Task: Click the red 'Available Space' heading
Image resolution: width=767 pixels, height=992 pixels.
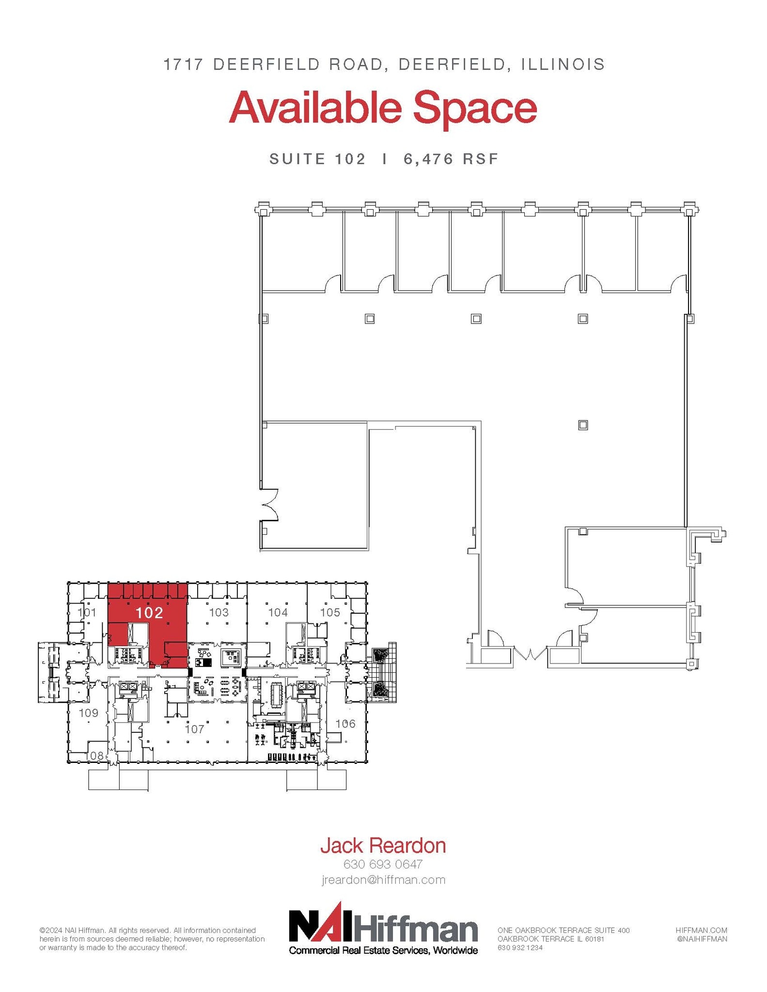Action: pos(383,109)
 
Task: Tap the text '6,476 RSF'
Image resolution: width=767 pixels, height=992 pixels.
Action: pos(451,159)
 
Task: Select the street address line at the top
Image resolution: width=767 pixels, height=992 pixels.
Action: pos(384,64)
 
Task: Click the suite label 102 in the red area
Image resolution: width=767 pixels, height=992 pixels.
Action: pos(149,613)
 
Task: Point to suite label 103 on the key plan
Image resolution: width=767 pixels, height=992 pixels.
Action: pos(219,612)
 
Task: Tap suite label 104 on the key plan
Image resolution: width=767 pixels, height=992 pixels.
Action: pos(278,612)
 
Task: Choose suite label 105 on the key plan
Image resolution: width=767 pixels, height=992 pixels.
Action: pos(330,612)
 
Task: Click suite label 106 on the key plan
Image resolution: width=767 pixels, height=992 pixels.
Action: pos(345,724)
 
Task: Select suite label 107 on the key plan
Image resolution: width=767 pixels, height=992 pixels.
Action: pos(195,729)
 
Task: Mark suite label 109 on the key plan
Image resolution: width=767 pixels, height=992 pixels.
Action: pos(88,713)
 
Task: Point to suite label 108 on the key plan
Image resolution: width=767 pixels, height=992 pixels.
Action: pos(94,756)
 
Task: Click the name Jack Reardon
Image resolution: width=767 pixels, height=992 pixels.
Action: pos(383,845)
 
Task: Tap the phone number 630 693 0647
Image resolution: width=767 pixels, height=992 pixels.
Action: pos(383,864)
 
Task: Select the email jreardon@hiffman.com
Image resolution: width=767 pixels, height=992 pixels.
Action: pos(383,880)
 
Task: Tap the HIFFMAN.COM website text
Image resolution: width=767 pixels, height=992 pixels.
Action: pos(701,930)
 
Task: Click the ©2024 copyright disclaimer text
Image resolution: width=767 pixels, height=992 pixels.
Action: pos(152,939)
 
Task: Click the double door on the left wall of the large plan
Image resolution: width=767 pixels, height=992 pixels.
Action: pos(269,505)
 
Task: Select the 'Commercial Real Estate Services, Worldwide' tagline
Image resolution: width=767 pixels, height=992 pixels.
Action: pos(383,950)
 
